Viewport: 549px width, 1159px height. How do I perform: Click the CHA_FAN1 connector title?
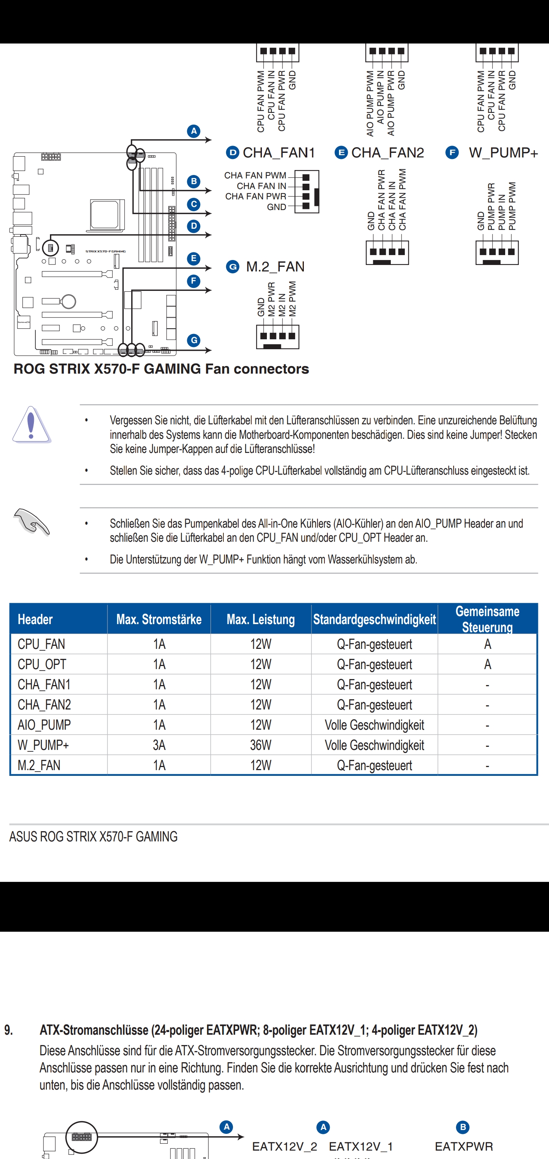[279, 153]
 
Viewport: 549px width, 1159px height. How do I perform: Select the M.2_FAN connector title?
[275, 267]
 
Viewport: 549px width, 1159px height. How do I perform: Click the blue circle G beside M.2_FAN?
[233, 267]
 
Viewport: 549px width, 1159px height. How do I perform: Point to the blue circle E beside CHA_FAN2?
[341, 153]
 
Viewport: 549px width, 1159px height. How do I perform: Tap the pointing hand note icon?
[32, 522]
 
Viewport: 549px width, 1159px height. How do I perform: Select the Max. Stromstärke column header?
[159, 620]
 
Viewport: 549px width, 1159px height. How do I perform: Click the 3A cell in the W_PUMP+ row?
[159, 745]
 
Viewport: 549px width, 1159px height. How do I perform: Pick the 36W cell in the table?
[260, 745]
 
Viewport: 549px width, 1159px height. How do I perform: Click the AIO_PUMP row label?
[44, 725]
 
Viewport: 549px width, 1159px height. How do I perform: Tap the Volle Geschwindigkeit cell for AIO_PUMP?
[374, 725]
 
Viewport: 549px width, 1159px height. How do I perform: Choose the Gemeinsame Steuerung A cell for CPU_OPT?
[487, 665]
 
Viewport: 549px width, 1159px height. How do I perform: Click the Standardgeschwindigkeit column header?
[374, 620]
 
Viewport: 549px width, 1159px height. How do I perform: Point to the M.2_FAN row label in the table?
[39, 765]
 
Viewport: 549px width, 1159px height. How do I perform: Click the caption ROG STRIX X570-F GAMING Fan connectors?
[161, 369]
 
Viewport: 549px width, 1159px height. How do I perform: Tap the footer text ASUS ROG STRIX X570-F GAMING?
[93, 837]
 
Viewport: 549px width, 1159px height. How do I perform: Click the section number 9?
[8, 1030]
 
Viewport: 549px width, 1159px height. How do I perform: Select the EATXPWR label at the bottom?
[464, 1146]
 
